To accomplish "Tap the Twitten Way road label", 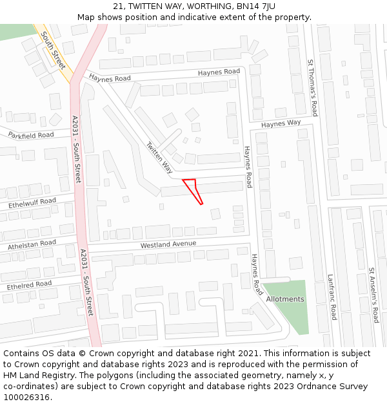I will tap(159, 158).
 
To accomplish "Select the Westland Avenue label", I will tap(168, 244).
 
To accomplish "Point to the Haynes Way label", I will tap(281, 123).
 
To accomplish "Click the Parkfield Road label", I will tap(31, 135).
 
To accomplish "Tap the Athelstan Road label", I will tap(32, 244).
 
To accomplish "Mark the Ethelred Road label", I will tap(29, 284).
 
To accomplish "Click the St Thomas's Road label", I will tap(312, 85).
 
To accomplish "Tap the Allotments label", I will tap(284, 299).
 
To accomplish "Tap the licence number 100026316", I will tap(26, 398).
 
